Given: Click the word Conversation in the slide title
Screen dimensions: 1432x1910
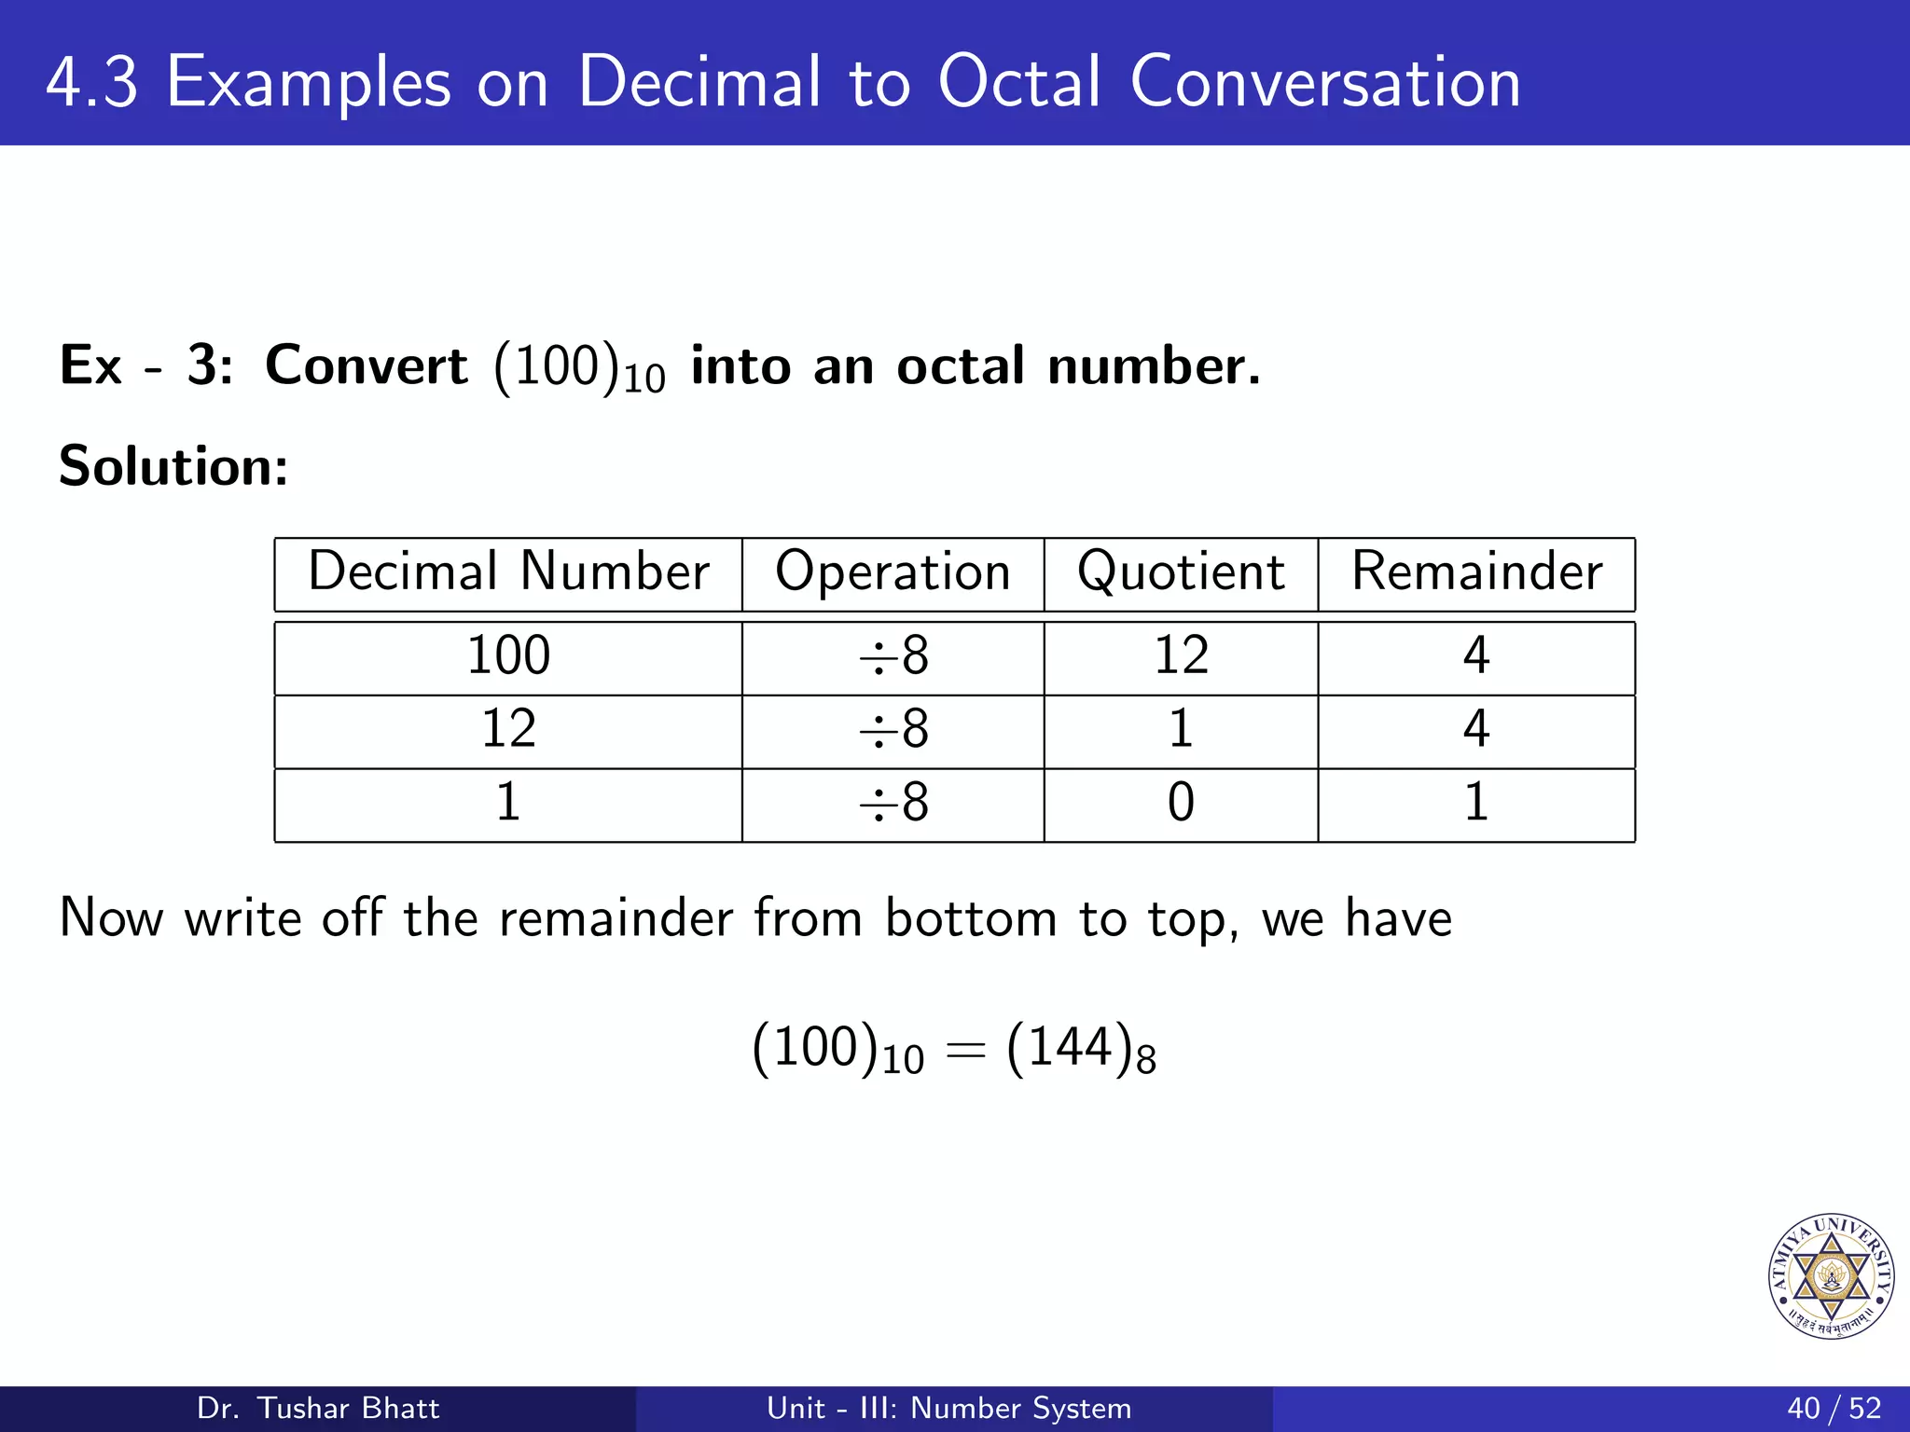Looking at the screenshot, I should tap(1324, 82).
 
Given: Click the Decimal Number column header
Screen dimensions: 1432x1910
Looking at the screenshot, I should tap(508, 571).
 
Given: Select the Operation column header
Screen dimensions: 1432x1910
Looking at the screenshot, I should tap(893, 571).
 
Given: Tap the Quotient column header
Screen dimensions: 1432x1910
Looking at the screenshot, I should tap(1181, 571).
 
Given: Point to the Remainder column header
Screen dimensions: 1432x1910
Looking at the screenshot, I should tap(1476, 571).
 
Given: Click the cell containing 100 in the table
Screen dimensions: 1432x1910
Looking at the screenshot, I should tap(508, 655).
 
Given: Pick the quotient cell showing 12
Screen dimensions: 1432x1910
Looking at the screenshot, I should tap(1181, 655).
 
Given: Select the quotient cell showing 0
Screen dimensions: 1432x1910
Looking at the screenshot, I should tap(1181, 803).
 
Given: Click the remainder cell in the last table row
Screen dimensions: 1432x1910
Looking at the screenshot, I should tap(1475, 803).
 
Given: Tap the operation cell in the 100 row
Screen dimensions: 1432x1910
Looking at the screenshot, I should tap(893, 655).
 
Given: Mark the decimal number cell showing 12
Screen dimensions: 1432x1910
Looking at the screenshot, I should tap(508, 729).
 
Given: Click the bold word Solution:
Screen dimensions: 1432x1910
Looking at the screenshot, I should tap(173, 466).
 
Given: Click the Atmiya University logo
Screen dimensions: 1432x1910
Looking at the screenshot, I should tap(1831, 1276).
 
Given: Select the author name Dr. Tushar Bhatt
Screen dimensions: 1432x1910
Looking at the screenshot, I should tap(318, 1408).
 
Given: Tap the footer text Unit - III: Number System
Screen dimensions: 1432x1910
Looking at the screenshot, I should tap(948, 1408).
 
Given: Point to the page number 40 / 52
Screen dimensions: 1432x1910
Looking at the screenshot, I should tap(1834, 1408).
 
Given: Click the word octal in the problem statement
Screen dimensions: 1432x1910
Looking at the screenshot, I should tap(961, 365).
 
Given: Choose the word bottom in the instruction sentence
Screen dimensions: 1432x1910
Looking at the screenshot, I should tap(970, 918).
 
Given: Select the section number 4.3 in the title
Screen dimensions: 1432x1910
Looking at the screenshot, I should tap(91, 82).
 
